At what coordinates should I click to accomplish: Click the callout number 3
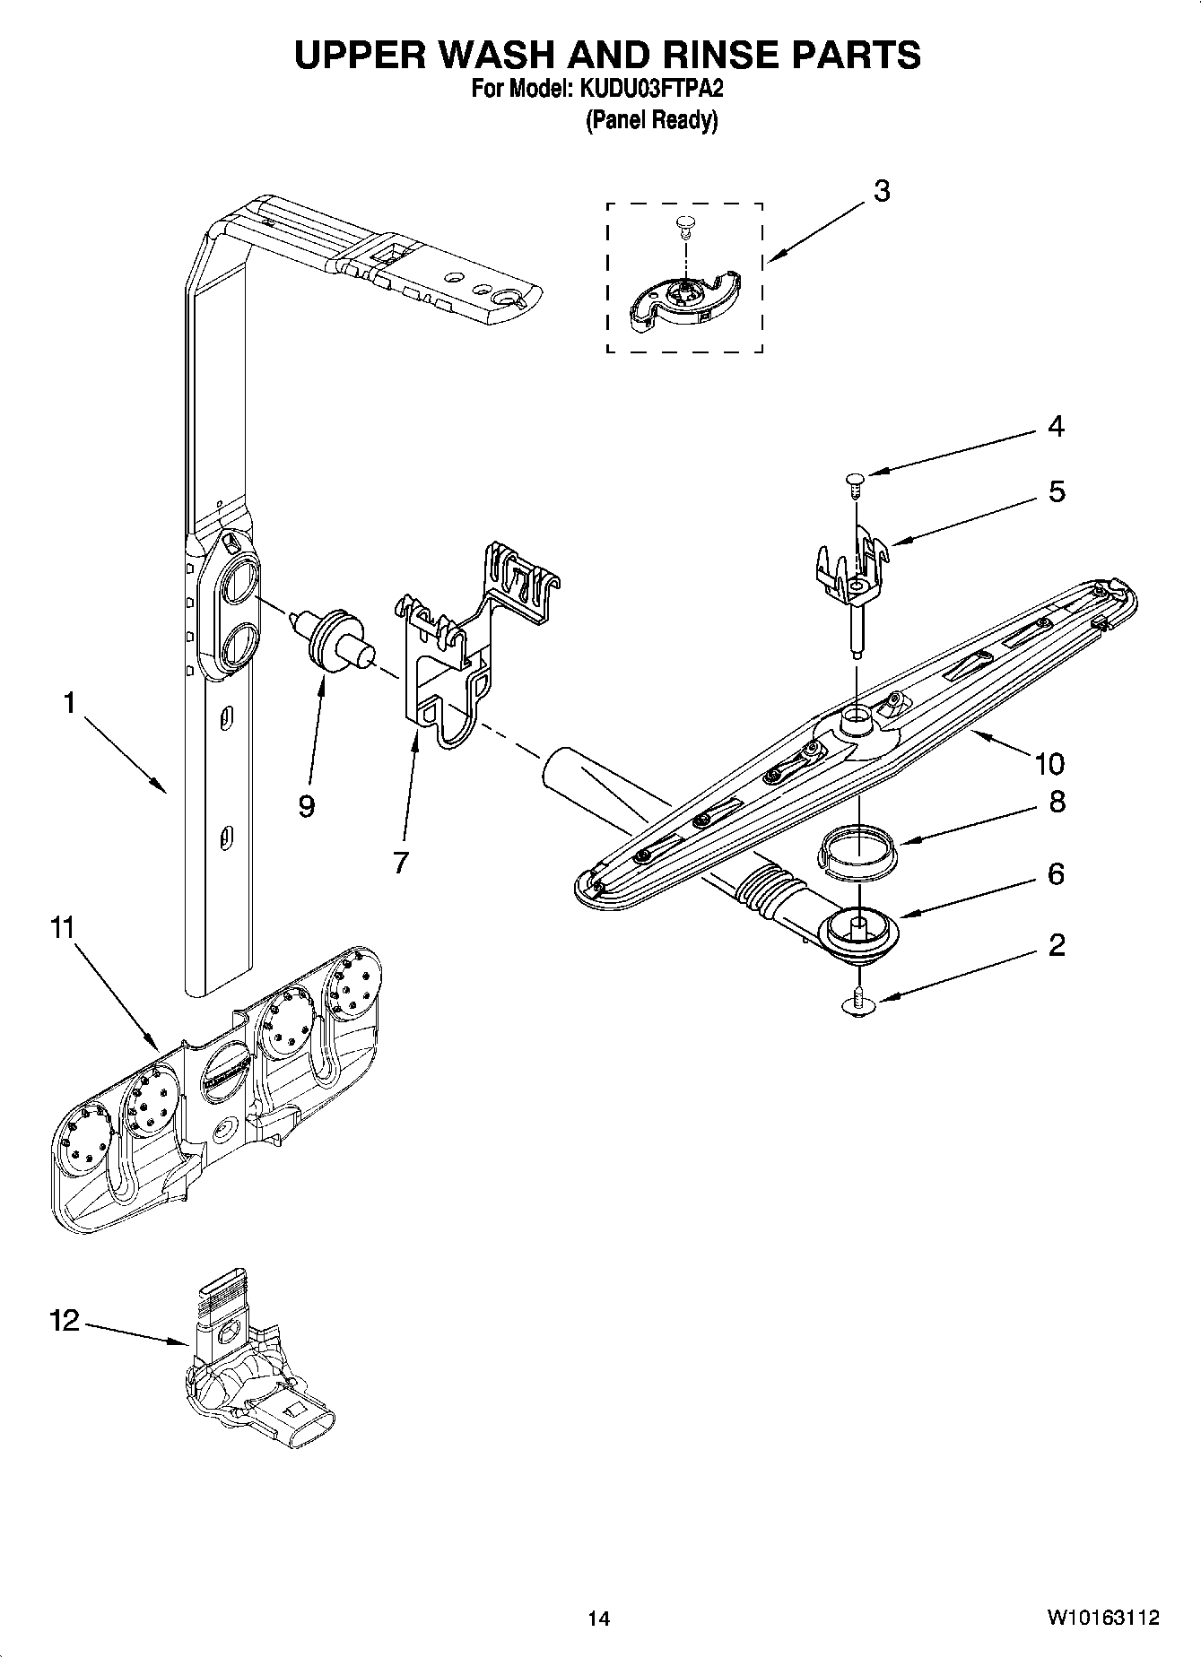882,191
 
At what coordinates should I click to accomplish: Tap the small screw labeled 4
853,485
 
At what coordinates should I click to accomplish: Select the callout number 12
65,1321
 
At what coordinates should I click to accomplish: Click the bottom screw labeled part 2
859,1002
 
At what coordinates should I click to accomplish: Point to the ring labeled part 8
858,849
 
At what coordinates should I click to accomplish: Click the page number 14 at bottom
598,1619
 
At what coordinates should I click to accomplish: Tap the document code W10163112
1101,1619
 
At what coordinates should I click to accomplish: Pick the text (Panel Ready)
651,120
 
